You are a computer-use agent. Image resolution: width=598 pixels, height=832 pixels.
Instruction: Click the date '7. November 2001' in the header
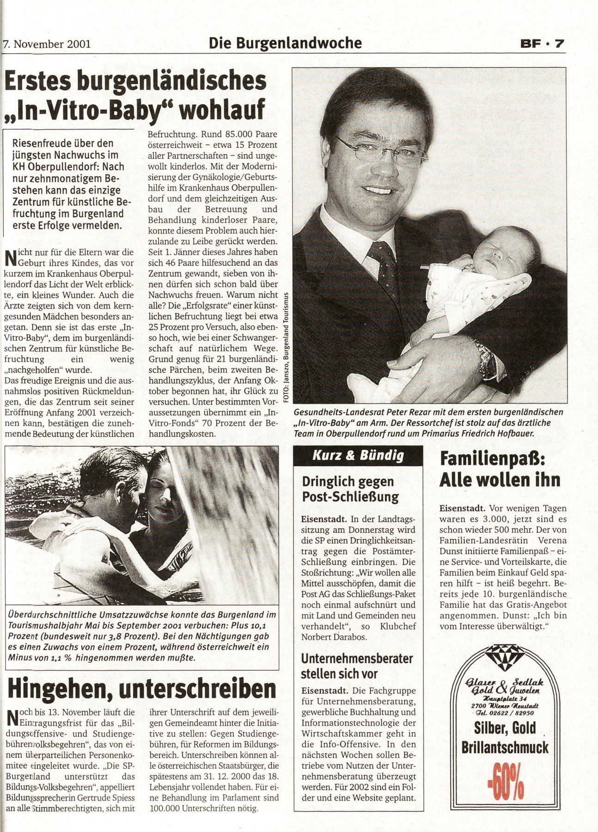click(x=47, y=44)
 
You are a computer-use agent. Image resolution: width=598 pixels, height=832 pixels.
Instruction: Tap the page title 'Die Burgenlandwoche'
click(x=285, y=43)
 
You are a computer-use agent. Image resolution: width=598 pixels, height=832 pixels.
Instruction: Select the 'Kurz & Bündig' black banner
click(x=358, y=455)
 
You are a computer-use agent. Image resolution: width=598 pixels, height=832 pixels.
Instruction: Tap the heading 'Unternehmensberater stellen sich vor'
click(x=357, y=666)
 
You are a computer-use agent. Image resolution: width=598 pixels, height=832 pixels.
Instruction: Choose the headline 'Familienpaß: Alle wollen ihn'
click(x=500, y=470)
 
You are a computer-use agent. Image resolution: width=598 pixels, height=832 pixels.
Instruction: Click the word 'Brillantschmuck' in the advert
click(x=505, y=747)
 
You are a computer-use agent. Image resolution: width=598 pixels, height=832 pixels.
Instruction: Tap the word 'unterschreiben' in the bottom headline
click(x=197, y=690)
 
